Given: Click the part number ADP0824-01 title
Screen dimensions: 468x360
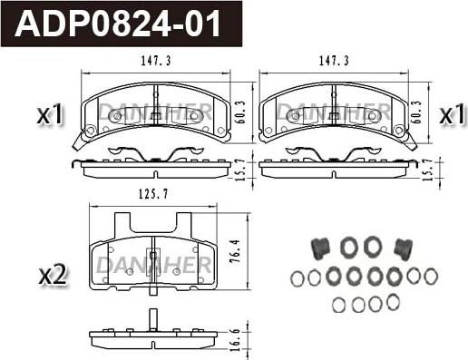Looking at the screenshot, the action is (x=118, y=24).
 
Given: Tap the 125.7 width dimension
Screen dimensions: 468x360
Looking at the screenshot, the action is (x=153, y=194).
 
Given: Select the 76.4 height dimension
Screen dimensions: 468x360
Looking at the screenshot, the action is (x=235, y=251).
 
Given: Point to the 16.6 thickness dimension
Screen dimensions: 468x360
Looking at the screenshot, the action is (x=236, y=340).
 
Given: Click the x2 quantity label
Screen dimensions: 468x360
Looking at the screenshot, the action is (x=53, y=275).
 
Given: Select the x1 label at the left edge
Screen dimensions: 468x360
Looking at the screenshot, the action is (x=50, y=114).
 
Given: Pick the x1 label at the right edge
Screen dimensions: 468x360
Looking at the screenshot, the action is (x=452, y=114).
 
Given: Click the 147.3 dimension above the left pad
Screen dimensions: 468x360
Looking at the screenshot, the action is (x=156, y=61).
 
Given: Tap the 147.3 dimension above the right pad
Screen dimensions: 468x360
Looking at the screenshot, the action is (x=334, y=61).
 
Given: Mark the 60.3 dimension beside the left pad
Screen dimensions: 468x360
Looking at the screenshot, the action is (x=242, y=112).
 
